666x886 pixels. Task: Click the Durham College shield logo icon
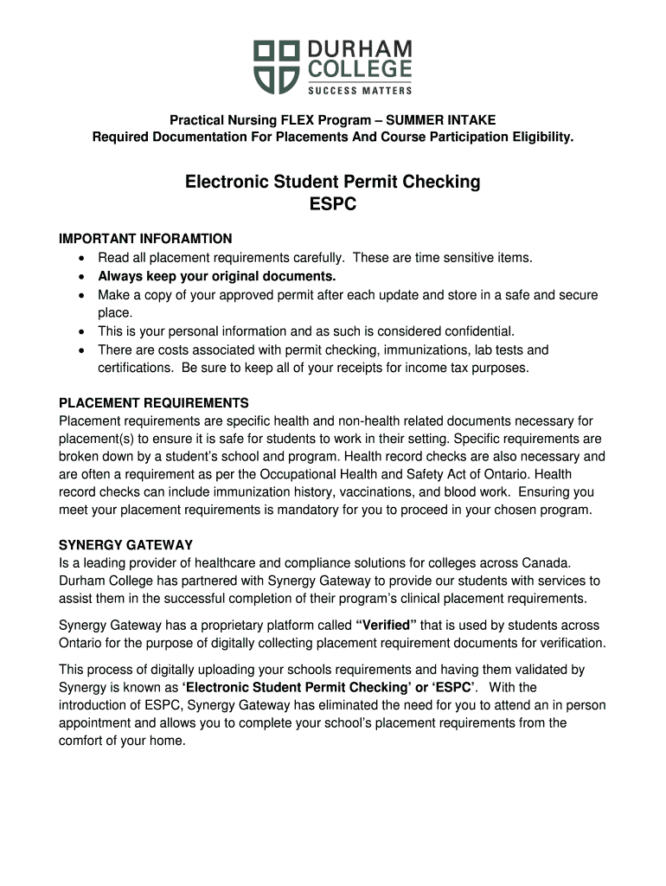[x=276, y=66]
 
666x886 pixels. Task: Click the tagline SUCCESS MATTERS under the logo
[x=360, y=90]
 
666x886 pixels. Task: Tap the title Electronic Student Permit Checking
[x=333, y=182]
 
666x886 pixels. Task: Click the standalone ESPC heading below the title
[x=333, y=205]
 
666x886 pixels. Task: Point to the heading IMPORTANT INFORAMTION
[x=145, y=239]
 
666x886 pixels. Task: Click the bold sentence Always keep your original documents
[x=216, y=276]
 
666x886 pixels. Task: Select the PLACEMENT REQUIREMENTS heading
[x=153, y=403]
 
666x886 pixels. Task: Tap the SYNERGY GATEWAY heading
[x=125, y=545]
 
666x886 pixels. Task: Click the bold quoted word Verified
[x=387, y=625]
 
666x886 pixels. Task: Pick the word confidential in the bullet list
[x=479, y=331]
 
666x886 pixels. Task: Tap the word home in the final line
[x=168, y=741]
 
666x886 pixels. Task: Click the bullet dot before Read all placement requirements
[x=81, y=258]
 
